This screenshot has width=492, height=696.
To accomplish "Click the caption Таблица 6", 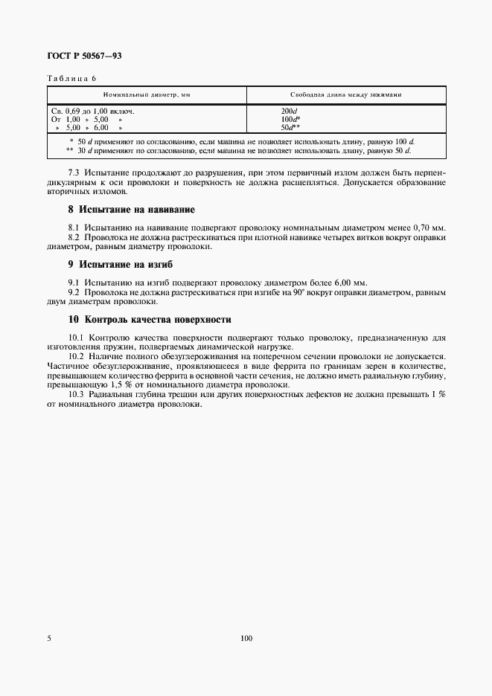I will (x=71, y=78).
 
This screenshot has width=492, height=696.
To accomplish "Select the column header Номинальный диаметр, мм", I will (x=147, y=95).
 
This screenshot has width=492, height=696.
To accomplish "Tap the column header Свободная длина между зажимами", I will (x=346, y=95).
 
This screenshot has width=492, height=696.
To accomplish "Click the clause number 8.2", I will (x=73, y=238).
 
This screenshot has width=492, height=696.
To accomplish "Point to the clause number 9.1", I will (x=73, y=283).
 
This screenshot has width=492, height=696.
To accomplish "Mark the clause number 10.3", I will (x=75, y=394).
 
